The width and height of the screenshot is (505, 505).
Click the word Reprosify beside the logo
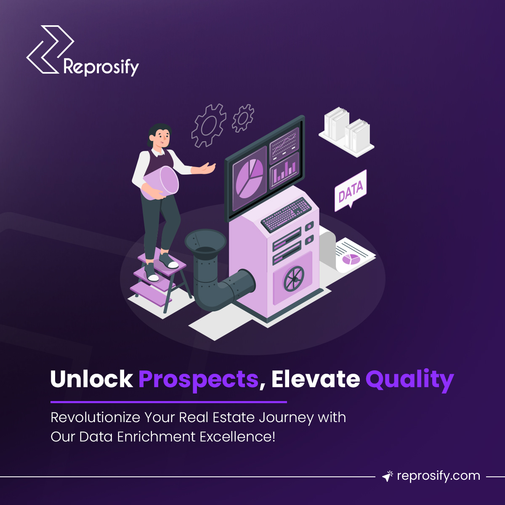(x=101, y=67)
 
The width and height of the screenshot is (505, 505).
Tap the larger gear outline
(x=208, y=125)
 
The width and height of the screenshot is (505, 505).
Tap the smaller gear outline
(x=243, y=117)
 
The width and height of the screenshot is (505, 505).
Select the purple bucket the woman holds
(x=162, y=183)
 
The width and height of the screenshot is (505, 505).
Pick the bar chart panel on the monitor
(x=284, y=170)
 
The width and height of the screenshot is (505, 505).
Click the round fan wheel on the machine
(x=293, y=279)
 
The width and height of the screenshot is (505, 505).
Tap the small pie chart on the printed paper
(x=351, y=259)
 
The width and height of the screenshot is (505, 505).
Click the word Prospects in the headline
(x=198, y=380)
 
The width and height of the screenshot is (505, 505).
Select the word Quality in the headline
(x=409, y=380)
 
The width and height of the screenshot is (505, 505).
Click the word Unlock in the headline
(x=92, y=380)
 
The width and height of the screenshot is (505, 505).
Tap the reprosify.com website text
(x=438, y=476)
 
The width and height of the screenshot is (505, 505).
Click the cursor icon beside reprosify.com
(x=387, y=476)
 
